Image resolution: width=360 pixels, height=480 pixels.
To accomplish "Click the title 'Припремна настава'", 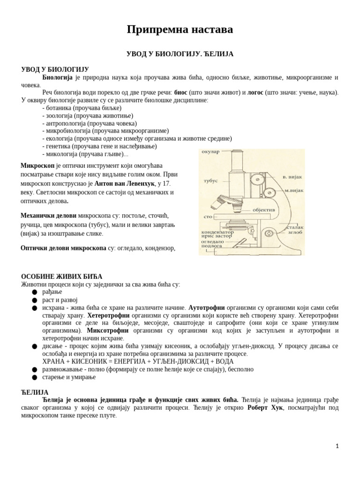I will pyautogui.click(x=180, y=30).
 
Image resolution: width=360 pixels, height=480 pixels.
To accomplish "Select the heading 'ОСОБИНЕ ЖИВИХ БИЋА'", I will pyautogui.click(x=61, y=277).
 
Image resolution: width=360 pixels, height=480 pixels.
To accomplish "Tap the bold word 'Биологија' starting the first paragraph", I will pyautogui.click(x=57, y=77).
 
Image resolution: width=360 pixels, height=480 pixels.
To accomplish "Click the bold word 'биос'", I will pyautogui.click(x=180, y=92).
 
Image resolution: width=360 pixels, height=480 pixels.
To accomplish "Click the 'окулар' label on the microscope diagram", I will pyautogui.click(x=210, y=152).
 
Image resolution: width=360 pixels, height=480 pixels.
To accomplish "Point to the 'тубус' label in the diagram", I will pyautogui.click(x=210, y=180).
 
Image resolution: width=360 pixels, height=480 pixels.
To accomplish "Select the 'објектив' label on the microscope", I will pyautogui.click(x=263, y=210).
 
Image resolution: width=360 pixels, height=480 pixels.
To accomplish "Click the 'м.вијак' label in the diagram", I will pyautogui.click(x=294, y=190).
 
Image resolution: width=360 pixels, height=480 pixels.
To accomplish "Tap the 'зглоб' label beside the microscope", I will pyautogui.click(x=295, y=232).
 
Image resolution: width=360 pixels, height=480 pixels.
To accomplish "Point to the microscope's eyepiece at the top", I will pyautogui.click(x=237, y=154).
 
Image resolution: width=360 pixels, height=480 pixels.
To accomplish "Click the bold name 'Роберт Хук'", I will pyautogui.click(x=265, y=408).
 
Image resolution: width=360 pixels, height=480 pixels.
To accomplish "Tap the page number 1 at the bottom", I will pyautogui.click(x=337, y=446).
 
